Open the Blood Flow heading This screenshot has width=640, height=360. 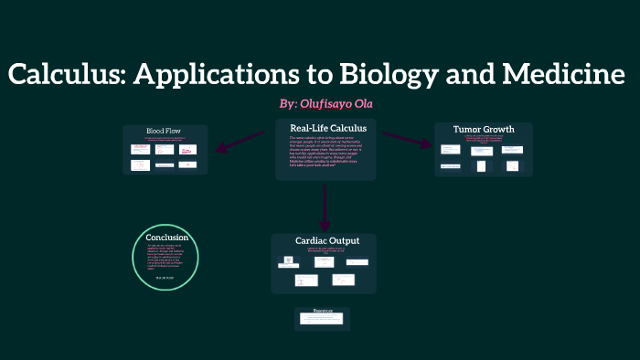coord(165,131)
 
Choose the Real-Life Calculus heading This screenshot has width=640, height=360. coord(327,128)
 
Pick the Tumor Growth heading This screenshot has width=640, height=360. coord(483,129)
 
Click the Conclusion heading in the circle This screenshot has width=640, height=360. coord(166,238)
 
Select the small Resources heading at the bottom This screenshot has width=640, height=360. coord(323,311)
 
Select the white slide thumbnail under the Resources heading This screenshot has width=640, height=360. coord(323,320)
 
